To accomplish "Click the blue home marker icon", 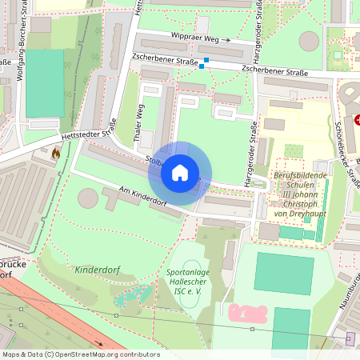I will (180, 172).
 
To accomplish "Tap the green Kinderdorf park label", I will (97, 270).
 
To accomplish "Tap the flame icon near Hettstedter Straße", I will (55, 152).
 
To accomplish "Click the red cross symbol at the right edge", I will (357, 119).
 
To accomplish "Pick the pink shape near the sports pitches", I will (248, 312).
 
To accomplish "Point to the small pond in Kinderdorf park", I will (128, 299).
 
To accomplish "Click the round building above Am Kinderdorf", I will (89, 198).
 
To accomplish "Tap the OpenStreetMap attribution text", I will (80, 354).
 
